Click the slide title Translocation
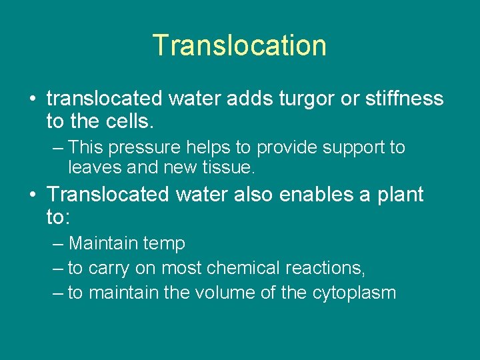[x=239, y=45]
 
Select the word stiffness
[x=404, y=99]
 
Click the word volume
[x=235, y=293]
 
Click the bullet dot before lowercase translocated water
[x=33, y=99]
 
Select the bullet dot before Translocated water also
[x=33, y=195]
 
